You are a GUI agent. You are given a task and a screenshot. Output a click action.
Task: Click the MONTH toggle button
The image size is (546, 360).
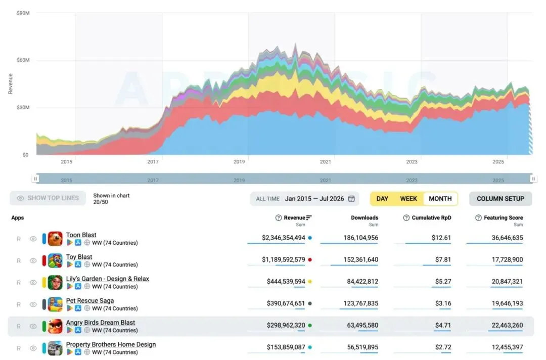click(440, 199)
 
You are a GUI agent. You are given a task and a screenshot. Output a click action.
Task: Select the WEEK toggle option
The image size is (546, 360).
click(408, 199)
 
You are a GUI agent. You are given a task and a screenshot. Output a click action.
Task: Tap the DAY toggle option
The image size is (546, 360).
click(382, 199)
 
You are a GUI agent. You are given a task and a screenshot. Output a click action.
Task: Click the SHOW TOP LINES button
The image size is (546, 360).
click(48, 198)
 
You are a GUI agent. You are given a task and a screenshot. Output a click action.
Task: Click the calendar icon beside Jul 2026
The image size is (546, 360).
click(351, 199)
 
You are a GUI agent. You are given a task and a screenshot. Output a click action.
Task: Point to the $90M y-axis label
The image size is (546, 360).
click(23, 13)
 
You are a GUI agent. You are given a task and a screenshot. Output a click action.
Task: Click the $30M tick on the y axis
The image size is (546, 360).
click(23, 108)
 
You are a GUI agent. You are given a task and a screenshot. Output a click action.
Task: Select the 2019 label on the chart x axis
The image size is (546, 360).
click(239, 162)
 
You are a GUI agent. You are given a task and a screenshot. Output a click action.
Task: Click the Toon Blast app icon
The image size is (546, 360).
click(55, 239)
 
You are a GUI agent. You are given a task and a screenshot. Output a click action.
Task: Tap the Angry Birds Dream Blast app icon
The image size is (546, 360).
click(55, 327)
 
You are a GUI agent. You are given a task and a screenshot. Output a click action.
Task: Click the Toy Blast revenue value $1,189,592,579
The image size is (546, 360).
click(284, 260)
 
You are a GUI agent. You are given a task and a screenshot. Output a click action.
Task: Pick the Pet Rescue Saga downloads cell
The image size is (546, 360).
click(361, 303)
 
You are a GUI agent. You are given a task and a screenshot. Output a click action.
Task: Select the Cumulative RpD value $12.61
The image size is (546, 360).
click(441, 238)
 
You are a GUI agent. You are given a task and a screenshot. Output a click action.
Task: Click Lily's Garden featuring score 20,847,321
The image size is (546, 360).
click(507, 282)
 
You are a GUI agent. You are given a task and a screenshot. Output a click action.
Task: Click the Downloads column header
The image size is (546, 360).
click(364, 218)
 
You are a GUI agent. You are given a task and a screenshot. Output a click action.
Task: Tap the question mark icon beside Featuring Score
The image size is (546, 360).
click(478, 218)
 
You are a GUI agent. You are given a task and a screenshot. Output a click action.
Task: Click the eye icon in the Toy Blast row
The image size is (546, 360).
click(33, 261)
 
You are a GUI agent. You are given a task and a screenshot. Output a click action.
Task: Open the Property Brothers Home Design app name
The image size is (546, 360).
click(111, 344)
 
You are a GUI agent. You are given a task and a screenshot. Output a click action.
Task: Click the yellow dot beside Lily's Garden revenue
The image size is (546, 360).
click(310, 282)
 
